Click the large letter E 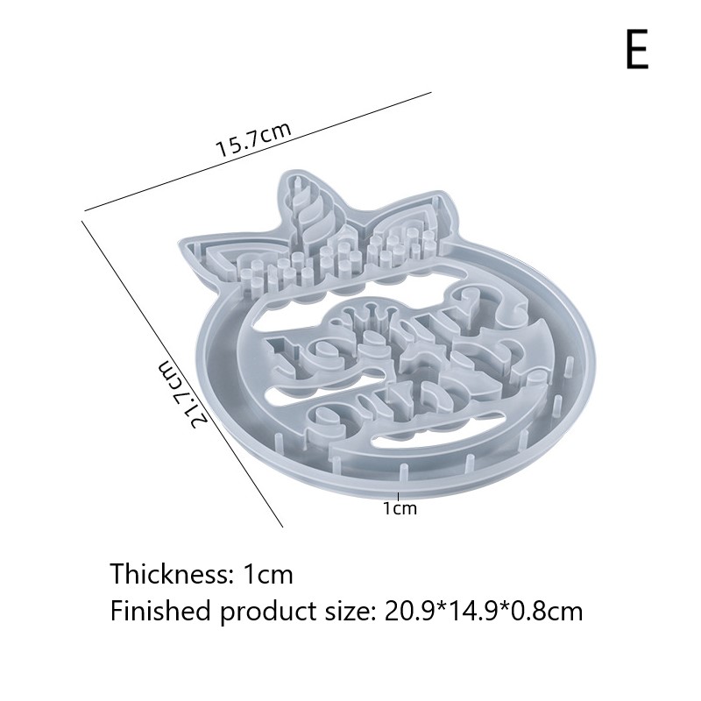click(638, 50)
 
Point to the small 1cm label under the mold click(400, 508)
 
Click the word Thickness click(170, 574)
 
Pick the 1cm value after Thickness click(268, 574)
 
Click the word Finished click(160, 611)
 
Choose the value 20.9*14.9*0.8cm click(484, 611)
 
